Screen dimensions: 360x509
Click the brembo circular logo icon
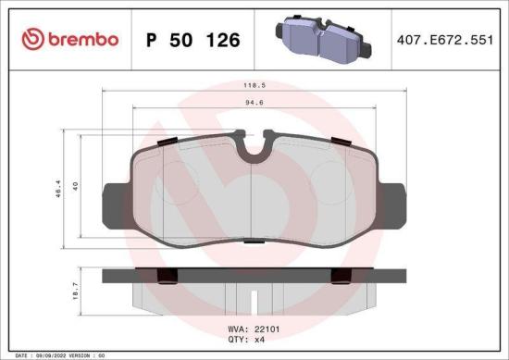[x=31, y=39]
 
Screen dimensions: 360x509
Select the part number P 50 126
[x=192, y=40]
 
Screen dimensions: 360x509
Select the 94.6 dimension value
[x=253, y=105]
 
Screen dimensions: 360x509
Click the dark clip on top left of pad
[x=168, y=141]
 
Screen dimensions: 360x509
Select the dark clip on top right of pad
[x=339, y=141]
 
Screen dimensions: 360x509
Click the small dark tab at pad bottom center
[x=253, y=240]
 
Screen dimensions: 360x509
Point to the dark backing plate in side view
[x=253, y=275]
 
